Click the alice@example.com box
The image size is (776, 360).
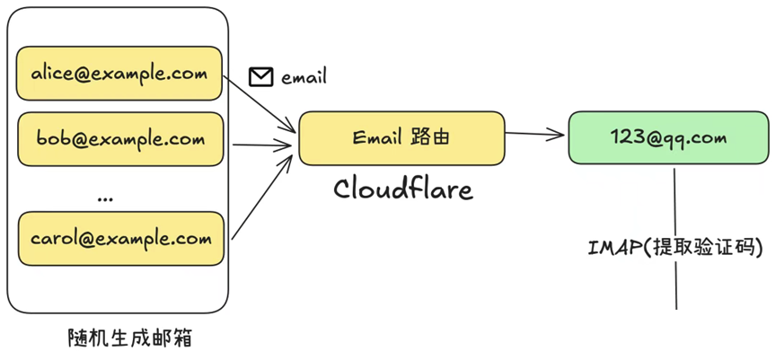[119, 73]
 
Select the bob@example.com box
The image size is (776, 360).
[119, 139]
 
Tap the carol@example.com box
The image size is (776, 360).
[119, 239]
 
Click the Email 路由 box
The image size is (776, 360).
[401, 138]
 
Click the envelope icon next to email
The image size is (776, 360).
[260, 77]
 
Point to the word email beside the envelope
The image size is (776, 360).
[304, 78]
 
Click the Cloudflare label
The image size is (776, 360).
[402, 189]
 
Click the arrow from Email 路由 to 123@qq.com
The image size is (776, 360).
[536, 136]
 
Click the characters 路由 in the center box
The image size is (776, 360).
[428, 138]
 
